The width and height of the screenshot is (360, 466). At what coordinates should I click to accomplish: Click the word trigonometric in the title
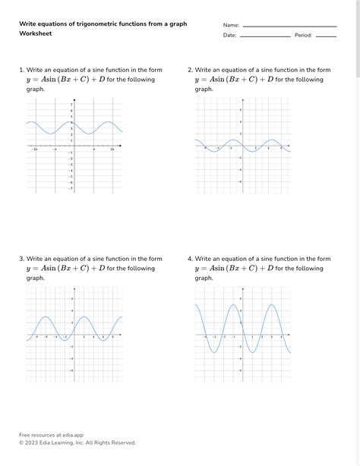click(96, 24)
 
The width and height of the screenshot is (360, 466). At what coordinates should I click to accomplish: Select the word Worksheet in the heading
click(36, 34)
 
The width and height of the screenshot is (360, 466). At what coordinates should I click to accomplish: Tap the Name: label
click(231, 25)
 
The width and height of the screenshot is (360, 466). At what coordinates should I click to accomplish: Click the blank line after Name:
click(289, 27)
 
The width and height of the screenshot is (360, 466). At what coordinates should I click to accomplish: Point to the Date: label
click(229, 35)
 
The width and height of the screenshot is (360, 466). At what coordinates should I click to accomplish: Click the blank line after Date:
click(265, 36)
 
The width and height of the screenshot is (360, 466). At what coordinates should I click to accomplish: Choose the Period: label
click(303, 35)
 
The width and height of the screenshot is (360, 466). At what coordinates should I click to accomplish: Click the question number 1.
click(21, 70)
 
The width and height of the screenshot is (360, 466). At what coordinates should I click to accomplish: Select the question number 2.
click(190, 70)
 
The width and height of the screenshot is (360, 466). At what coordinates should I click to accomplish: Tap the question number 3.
click(21, 259)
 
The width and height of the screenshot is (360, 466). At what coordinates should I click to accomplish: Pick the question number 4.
click(190, 259)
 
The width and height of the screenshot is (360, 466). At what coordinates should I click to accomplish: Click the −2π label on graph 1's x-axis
click(35, 150)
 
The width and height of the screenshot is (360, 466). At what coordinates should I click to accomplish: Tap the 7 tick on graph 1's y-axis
click(71, 104)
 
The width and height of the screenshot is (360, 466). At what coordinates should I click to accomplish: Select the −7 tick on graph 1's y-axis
click(71, 189)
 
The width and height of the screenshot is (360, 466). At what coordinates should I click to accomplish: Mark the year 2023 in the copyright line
click(33, 442)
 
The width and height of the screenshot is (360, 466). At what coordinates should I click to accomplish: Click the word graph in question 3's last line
click(35, 278)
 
